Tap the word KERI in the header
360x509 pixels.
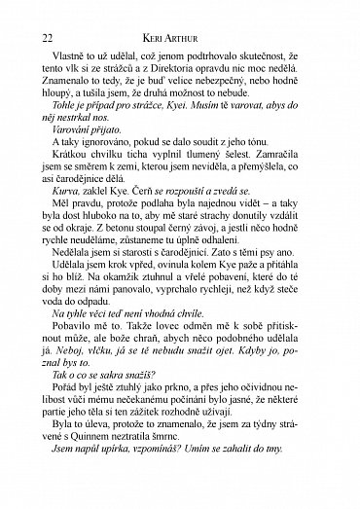pyautogui.click(x=171, y=36)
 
